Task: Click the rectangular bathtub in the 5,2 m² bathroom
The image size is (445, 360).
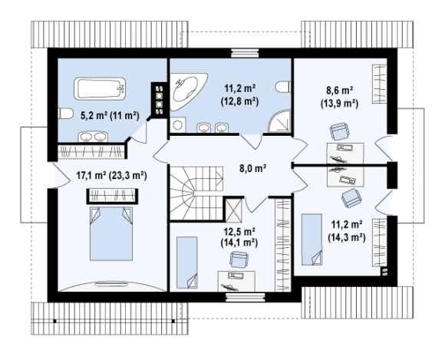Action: tap(100, 88)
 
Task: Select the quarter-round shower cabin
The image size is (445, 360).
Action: tap(280, 121)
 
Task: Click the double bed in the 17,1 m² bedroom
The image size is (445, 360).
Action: tap(111, 233)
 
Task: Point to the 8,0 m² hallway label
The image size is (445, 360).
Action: tap(253, 169)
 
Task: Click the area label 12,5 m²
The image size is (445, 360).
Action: tap(239, 232)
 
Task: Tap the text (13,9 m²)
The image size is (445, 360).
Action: tap(339, 104)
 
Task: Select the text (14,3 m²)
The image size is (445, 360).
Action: tap(347, 236)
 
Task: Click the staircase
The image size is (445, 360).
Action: tap(196, 193)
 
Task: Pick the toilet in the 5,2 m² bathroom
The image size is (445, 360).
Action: tap(64, 113)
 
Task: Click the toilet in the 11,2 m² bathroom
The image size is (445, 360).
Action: tap(283, 87)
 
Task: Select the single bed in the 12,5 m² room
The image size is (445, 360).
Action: tap(187, 263)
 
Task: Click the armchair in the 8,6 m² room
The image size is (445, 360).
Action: tap(339, 131)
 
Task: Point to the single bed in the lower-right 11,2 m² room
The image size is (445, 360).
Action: tap(311, 239)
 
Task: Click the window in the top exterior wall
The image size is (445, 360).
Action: tap(245, 53)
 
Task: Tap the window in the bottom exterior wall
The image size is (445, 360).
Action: tap(246, 297)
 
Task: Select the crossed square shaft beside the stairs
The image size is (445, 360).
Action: tap(233, 210)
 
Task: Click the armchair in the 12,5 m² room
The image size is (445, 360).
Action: tap(239, 259)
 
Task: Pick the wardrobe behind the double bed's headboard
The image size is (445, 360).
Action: tap(112, 196)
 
